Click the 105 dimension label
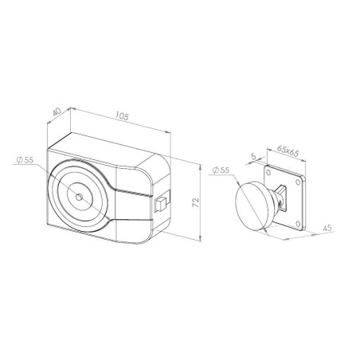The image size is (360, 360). click(x=122, y=116)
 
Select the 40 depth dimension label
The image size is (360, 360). click(x=57, y=112)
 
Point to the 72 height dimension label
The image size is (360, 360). click(x=195, y=202)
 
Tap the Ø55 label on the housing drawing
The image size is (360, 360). click(x=25, y=160)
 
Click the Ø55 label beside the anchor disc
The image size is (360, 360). click(x=221, y=170)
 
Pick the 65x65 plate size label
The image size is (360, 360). click(x=288, y=151)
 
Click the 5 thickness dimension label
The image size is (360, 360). click(x=253, y=156)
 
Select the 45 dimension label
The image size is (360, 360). click(x=327, y=228)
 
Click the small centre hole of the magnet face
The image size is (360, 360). click(x=79, y=197)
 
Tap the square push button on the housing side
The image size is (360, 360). click(x=160, y=205)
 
